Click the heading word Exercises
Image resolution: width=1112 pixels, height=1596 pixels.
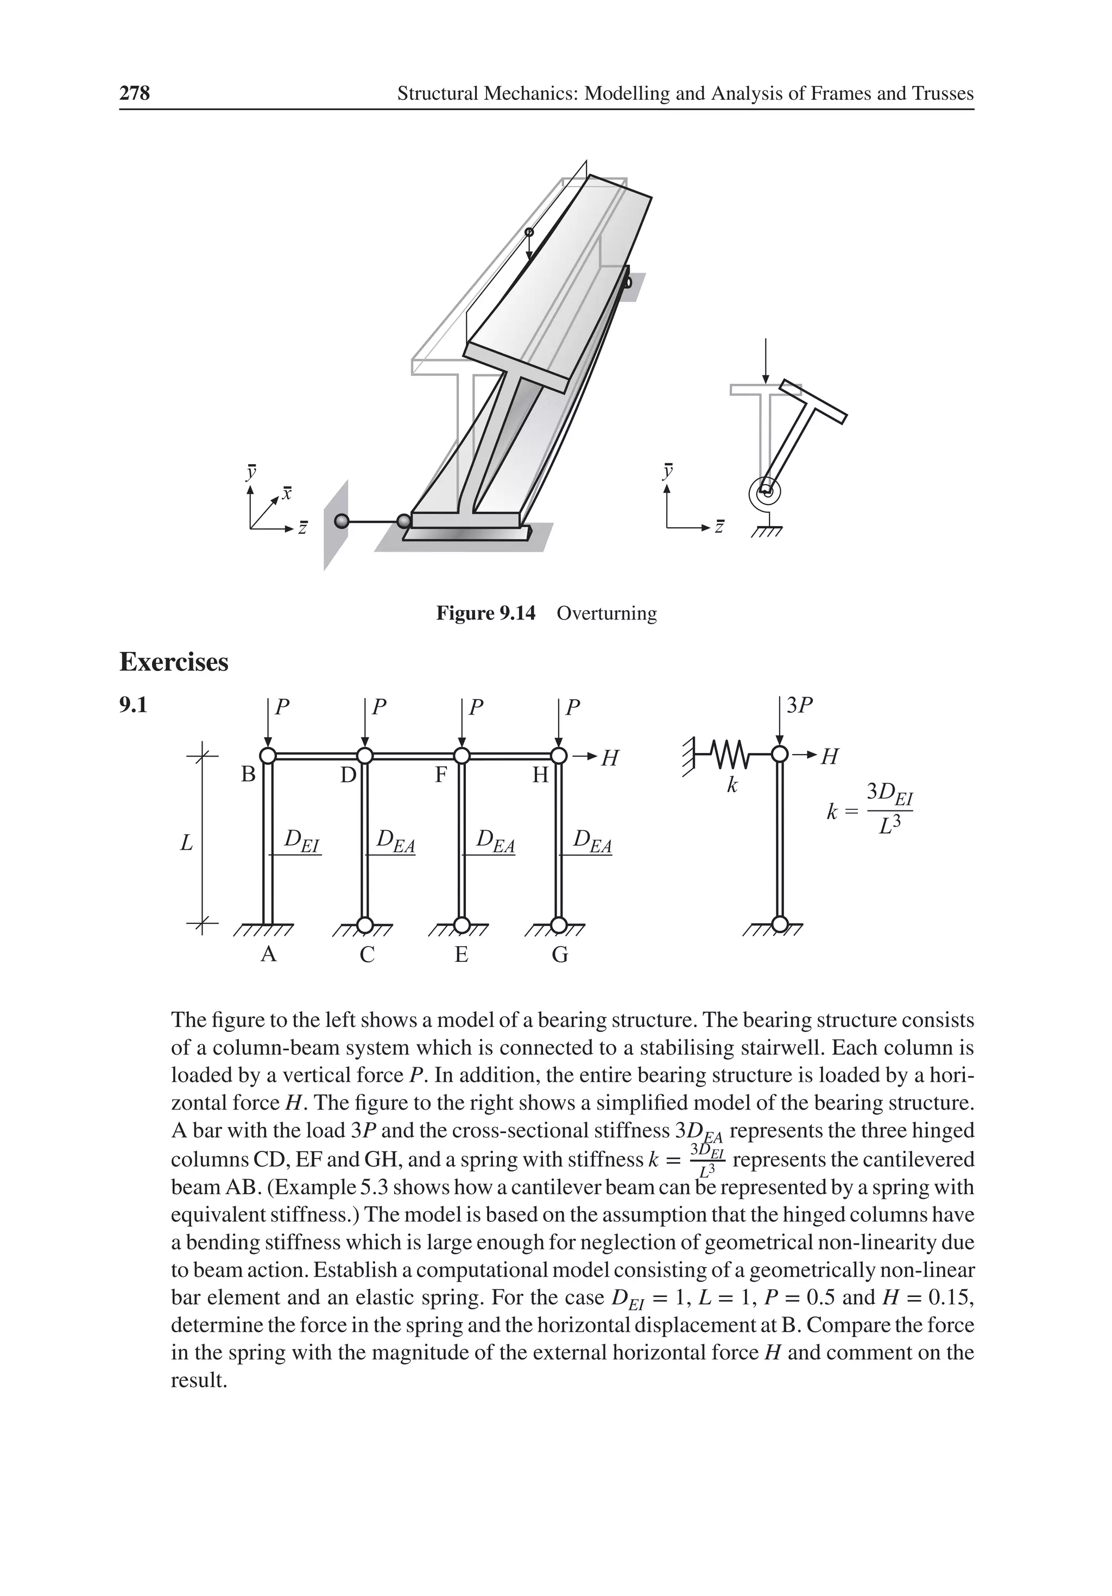pos(174,662)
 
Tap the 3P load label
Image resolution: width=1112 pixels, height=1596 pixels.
pos(799,706)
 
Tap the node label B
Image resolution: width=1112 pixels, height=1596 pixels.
pos(248,774)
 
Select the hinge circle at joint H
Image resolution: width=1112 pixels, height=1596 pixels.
pos(558,756)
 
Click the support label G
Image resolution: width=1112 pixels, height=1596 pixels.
pos(560,955)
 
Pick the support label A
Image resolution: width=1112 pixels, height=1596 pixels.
pos(268,955)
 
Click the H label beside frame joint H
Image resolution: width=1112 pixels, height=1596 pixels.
pos(610,758)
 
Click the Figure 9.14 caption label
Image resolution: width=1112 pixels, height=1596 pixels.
pos(485,613)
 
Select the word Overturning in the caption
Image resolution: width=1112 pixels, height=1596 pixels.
pos(606,613)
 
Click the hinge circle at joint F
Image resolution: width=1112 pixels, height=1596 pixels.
pos(461,756)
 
